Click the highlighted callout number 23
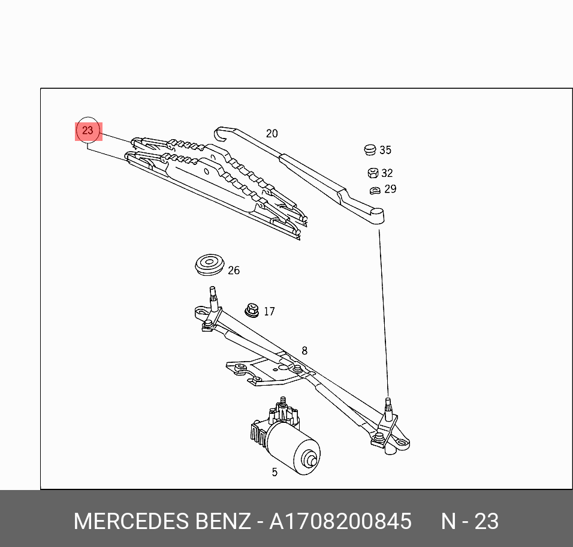coord(88,131)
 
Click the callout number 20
coord(272,134)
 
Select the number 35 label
coord(385,151)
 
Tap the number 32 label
coord(387,173)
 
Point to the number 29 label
coord(390,190)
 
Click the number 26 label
coord(233,271)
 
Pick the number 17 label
coord(269,312)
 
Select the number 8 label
coord(304,351)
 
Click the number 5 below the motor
coord(275,472)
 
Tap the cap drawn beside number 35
coord(370,149)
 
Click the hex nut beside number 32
coord(372,173)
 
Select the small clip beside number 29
coord(375,190)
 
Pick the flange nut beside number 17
coord(250,311)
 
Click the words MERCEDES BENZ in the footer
coord(161,521)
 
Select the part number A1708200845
coord(340,521)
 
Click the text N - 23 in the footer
coord(470,521)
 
